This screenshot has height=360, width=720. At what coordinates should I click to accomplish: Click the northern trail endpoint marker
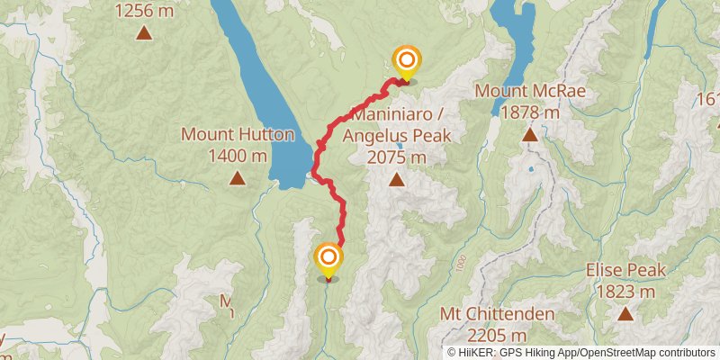[406, 61]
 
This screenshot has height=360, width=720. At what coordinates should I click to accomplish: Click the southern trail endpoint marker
[328, 259]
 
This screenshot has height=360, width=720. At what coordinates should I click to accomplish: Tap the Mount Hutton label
[238, 135]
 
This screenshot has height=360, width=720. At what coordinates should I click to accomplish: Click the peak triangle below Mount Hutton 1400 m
[237, 178]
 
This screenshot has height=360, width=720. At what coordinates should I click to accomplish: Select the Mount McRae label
[530, 91]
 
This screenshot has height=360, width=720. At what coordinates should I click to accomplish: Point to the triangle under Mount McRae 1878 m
[530, 135]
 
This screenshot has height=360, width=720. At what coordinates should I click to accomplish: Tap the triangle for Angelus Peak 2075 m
[396, 179]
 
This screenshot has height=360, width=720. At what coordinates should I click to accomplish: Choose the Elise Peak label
[625, 270]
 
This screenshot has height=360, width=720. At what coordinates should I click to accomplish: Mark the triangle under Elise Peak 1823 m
[625, 313]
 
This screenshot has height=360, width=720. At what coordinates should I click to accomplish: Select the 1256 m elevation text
[143, 12]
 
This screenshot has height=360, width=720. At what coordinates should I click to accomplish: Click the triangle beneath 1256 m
[143, 34]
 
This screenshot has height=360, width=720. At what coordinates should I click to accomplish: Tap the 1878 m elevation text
[530, 112]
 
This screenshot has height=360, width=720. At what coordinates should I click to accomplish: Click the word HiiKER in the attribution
[478, 352]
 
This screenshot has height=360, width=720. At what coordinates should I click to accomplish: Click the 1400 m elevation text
[238, 156]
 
